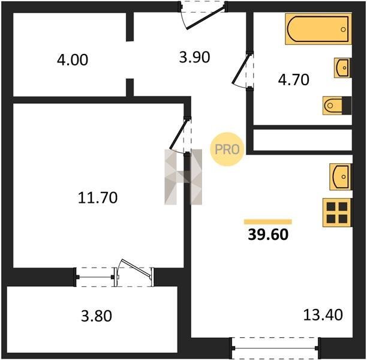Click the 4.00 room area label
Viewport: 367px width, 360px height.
click(x=73, y=59)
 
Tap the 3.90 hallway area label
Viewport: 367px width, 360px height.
click(x=194, y=57)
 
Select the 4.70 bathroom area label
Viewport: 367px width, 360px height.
click(x=293, y=80)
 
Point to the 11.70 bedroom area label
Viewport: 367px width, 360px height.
click(x=98, y=197)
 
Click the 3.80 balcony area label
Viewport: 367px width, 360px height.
click(x=97, y=316)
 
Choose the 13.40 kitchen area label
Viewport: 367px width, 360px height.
click(x=323, y=314)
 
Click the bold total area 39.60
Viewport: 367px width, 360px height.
click(x=268, y=234)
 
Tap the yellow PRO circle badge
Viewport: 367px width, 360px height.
click(x=227, y=149)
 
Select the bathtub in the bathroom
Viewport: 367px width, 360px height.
click(x=318, y=29)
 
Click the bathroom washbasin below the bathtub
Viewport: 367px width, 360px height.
click(x=342, y=68)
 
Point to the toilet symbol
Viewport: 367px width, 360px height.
click(x=337, y=106)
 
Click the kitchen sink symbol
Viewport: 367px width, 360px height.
click(x=341, y=176)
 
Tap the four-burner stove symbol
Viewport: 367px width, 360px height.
click(x=337, y=212)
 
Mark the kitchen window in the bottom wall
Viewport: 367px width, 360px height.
click(x=275, y=348)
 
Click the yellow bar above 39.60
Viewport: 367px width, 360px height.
click(x=268, y=222)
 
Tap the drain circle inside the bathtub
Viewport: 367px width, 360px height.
click(x=344, y=29)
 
